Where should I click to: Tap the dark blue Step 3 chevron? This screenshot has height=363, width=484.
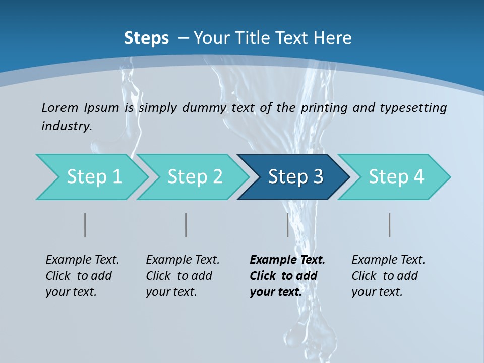tap(295, 177)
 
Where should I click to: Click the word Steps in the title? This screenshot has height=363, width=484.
tap(146, 38)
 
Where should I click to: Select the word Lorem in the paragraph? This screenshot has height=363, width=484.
tap(60, 107)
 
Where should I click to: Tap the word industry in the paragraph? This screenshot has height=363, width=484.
tap(67, 126)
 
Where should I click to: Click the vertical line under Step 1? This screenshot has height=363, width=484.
tap(85, 225)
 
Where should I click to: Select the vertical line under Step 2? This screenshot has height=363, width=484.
tap(186, 225)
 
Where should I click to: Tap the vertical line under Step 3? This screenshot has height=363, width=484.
tap(288, 225)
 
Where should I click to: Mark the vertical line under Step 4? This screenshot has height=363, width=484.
tap(390, 225)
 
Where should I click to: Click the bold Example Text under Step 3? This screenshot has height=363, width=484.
tap(287, 260)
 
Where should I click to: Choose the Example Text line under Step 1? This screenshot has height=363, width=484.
tap(82, 260)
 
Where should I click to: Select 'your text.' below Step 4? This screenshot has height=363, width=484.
tap(377, 292)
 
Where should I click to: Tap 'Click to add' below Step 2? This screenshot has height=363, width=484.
tap(179, 276)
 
